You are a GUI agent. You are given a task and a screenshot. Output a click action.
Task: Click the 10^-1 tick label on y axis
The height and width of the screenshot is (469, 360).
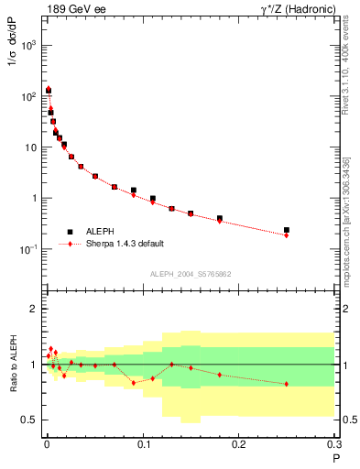[27, 249]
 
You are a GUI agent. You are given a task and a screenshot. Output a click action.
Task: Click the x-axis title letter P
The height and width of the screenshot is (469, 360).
[335, 457]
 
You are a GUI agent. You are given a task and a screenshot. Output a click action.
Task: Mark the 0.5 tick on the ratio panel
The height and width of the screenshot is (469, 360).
[31, 420]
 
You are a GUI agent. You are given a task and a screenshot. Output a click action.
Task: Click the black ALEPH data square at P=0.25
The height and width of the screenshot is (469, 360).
[287, 230]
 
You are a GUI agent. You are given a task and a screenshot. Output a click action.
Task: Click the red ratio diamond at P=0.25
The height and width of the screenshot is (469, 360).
[287, 384]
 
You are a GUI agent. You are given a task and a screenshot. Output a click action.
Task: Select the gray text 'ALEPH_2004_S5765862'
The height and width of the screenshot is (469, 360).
[190, 274]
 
